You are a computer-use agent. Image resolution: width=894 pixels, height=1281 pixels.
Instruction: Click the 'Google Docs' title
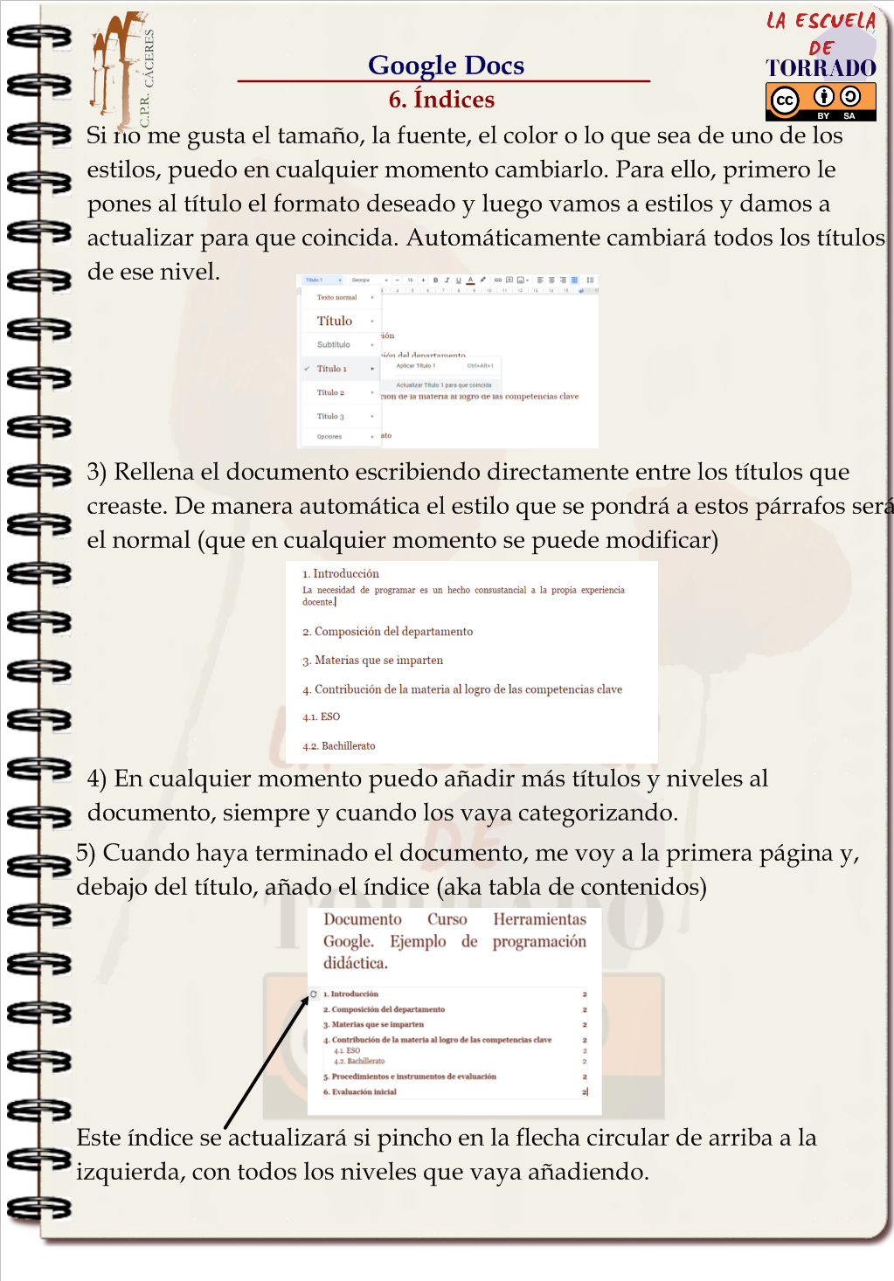[446, 65]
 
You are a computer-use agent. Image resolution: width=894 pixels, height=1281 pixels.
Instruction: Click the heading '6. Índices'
[441, 100]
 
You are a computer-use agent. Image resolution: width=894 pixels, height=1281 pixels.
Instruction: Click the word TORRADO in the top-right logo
[821, 68]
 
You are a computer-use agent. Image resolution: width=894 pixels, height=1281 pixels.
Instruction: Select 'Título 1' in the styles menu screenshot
[332, 369]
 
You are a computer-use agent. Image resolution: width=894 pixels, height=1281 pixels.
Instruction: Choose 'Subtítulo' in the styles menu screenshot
[334, 344]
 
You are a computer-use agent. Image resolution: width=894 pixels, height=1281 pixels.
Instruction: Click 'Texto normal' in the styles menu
[336, 297]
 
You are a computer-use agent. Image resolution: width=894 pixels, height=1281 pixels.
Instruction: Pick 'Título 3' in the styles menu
[330, 417]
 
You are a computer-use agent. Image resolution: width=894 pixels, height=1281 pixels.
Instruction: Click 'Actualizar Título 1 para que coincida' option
[444, 384]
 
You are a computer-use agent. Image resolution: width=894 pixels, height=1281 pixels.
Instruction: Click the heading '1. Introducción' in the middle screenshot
[341, 574]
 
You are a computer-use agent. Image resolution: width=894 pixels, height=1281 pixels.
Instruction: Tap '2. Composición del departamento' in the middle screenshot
[388, 632]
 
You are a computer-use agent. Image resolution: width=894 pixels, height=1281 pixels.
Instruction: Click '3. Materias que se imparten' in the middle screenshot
[373, 661]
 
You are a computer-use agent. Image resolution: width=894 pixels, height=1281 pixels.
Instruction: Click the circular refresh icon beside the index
[314, 994]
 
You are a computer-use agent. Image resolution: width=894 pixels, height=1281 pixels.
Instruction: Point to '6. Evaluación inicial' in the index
[360, 1092]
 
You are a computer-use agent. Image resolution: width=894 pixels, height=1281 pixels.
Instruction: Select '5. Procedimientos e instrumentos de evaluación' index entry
[410, 1077]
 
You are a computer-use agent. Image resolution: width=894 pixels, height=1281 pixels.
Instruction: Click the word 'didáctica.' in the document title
[356, 963]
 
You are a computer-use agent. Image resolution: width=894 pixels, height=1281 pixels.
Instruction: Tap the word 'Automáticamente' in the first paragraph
[504, 238]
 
